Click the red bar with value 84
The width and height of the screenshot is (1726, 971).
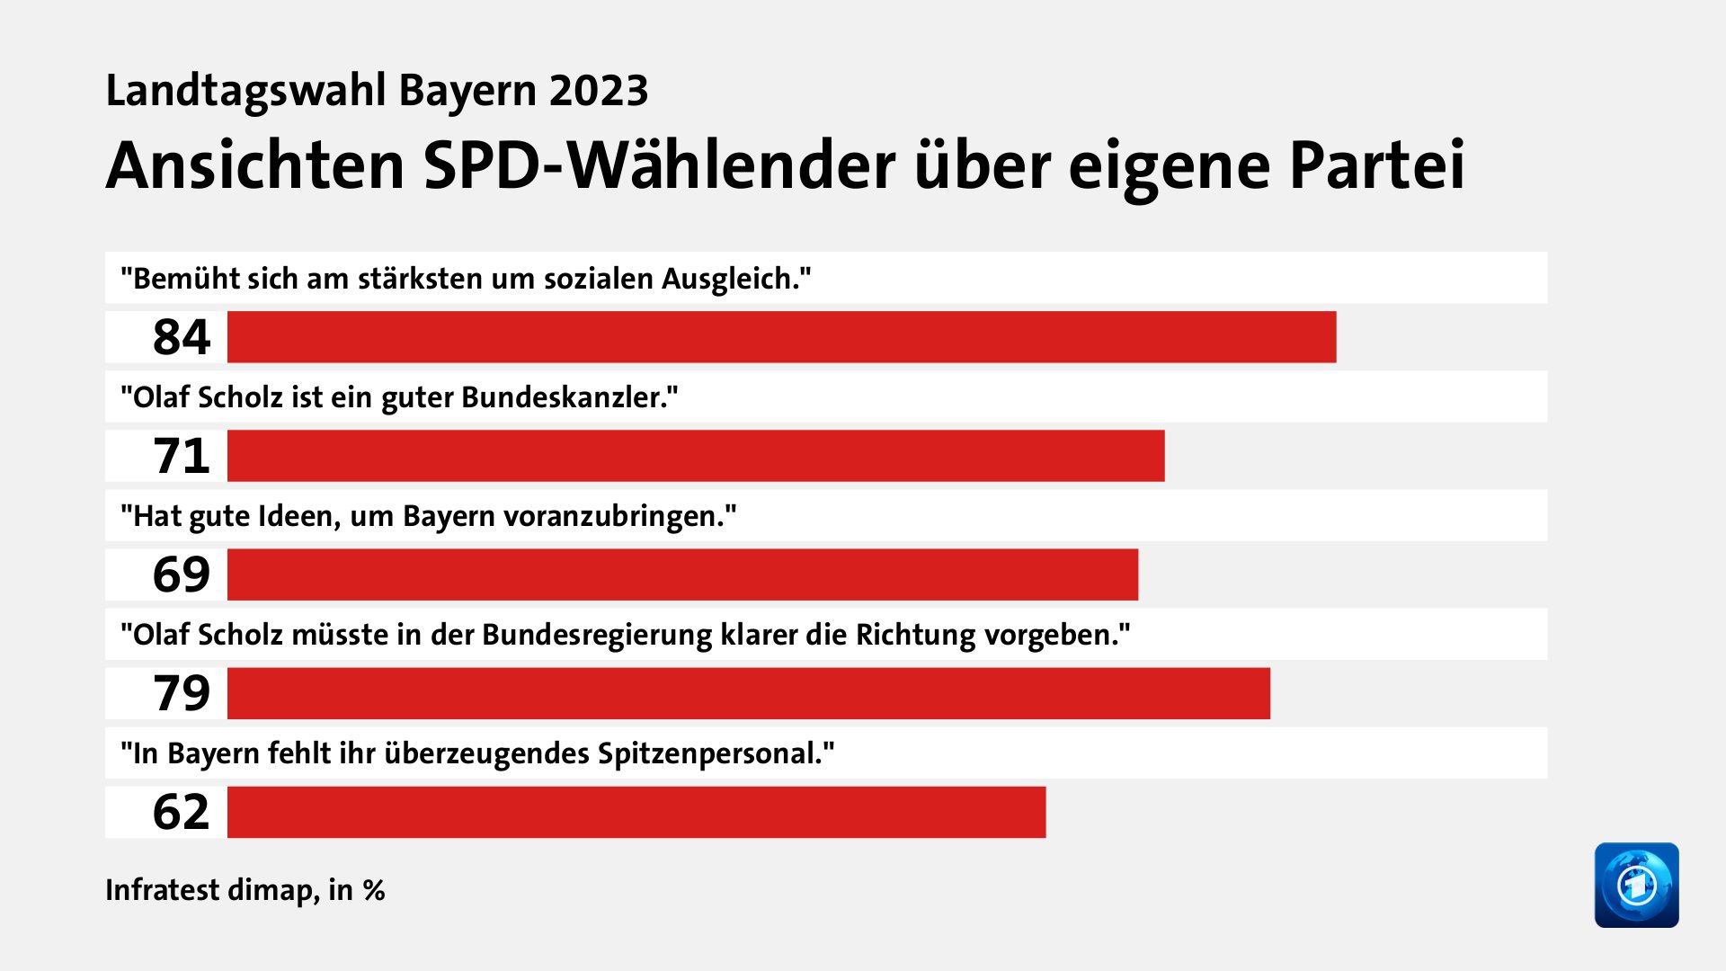[x=781, y=337]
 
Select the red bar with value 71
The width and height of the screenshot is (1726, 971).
[x=696, y=456]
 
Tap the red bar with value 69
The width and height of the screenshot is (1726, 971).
[x=682, y=575]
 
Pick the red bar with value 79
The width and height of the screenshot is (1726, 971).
[x=749, y=693]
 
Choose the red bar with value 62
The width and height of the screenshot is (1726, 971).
[x=636, y=812]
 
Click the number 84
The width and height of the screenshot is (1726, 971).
[x=181, y=337]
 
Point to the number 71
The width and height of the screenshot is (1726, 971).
[x=181, y=456]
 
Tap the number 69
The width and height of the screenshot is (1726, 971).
[x=181, y=575]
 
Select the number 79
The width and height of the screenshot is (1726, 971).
[x=181, y=693]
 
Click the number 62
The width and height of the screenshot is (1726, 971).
[x=181, y=812]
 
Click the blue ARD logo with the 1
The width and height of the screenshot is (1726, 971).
[x=1636, y=885]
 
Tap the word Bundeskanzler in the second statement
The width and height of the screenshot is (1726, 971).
[x=568, y=397]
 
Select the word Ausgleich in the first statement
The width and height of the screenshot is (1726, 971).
[x=734, y=279]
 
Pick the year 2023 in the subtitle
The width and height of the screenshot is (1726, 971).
[x=599, y=91]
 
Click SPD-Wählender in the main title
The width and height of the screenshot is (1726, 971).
[x=658, y=166]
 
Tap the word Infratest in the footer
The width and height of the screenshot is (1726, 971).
[x=162, y=890]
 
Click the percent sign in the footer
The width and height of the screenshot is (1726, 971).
[x=374, y=890]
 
